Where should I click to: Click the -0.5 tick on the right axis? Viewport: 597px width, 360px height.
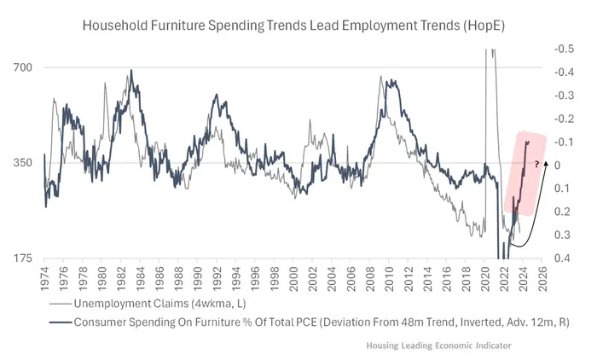coord(563,49)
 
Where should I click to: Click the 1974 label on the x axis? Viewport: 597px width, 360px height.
coord(45,278)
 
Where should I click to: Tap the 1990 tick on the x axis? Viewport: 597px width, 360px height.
coord(197,278)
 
